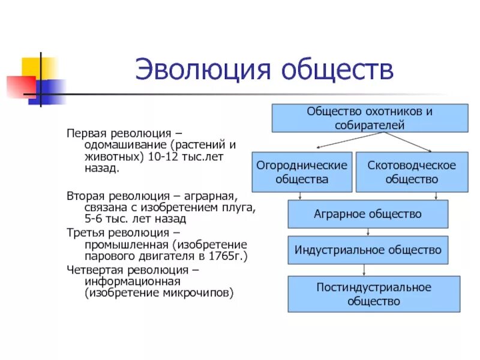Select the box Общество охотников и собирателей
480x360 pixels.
tap(370, 118)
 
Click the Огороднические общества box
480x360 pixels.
tap(302, 172)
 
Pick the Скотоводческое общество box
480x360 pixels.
tap(411, 172)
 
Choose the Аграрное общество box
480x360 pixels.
tap(368, 214)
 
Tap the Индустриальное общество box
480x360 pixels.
tap(368, 250)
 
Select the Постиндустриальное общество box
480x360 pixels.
tap(374, 294)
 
